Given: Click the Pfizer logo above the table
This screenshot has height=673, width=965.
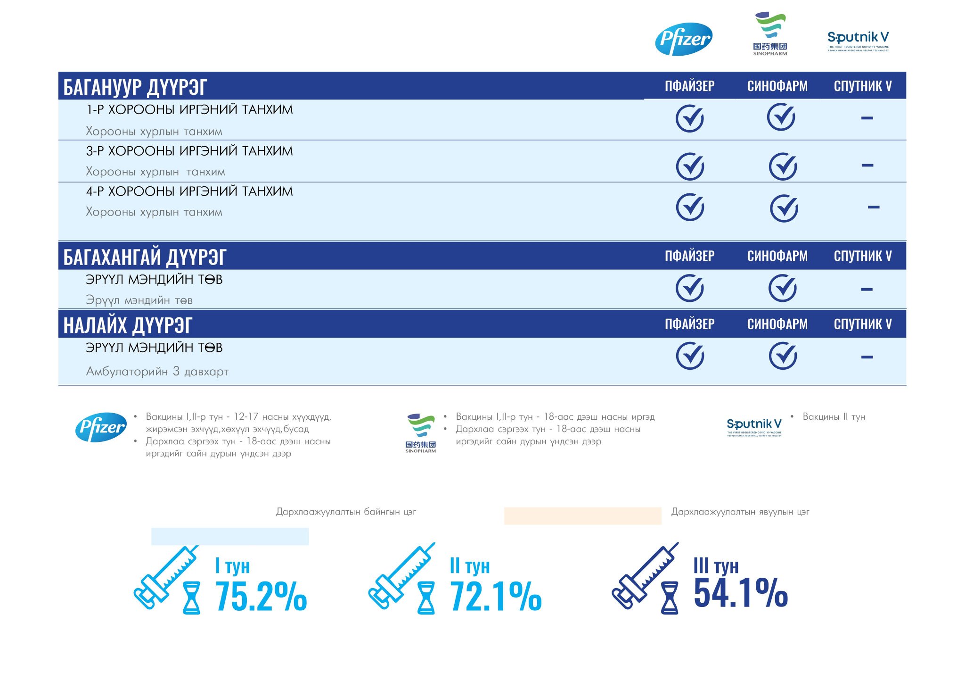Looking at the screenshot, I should coord(684,39).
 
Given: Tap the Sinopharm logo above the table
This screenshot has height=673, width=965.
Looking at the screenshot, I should coord(770,34).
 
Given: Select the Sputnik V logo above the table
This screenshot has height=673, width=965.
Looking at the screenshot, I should coord(858,41).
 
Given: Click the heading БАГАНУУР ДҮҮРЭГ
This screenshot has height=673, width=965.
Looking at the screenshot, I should coord(135,87).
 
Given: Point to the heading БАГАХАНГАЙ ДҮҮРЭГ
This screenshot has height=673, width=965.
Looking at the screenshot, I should coord(145,258).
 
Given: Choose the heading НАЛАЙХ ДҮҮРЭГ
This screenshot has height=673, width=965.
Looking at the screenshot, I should coord(128,325).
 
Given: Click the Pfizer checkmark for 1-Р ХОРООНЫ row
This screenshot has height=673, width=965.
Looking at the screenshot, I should coord(689,118).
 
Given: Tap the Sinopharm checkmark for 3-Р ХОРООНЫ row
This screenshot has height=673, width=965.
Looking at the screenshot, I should coord(783,166).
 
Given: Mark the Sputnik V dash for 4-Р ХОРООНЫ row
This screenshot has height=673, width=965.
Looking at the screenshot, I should coord(873,207).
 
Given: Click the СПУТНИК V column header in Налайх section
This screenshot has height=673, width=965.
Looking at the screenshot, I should coord(862,324).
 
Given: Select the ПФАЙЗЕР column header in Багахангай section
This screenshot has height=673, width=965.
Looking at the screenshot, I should coord(689,257).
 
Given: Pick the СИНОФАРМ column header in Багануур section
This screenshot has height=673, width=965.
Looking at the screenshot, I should coord(777,86).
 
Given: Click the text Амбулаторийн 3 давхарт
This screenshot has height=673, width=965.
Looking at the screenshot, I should coord(157,372).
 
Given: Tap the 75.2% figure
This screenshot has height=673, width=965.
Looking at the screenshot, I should coord(261,597).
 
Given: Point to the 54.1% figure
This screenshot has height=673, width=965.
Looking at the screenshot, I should coord(740,593).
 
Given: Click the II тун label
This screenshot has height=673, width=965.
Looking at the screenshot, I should coord(469,566).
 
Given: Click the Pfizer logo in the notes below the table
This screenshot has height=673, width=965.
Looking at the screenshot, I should coord(101,427).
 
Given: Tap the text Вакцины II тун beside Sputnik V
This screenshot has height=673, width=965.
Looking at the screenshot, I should coord(834,417).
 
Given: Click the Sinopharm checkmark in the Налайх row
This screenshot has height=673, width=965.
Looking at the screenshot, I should coord(783,356).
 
